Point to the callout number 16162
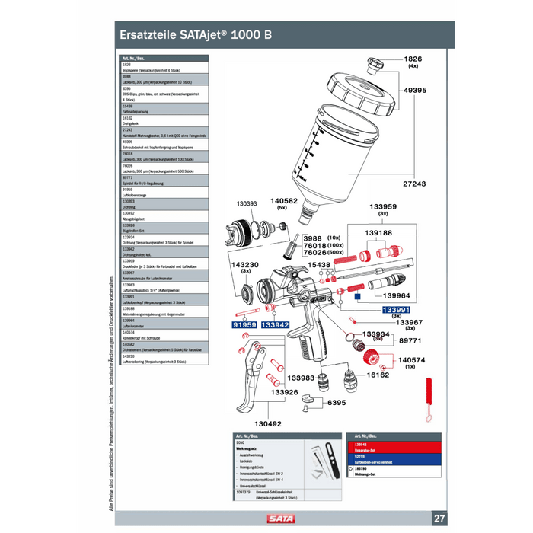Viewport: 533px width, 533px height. [378, 375]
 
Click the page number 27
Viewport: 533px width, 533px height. [440, 519]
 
